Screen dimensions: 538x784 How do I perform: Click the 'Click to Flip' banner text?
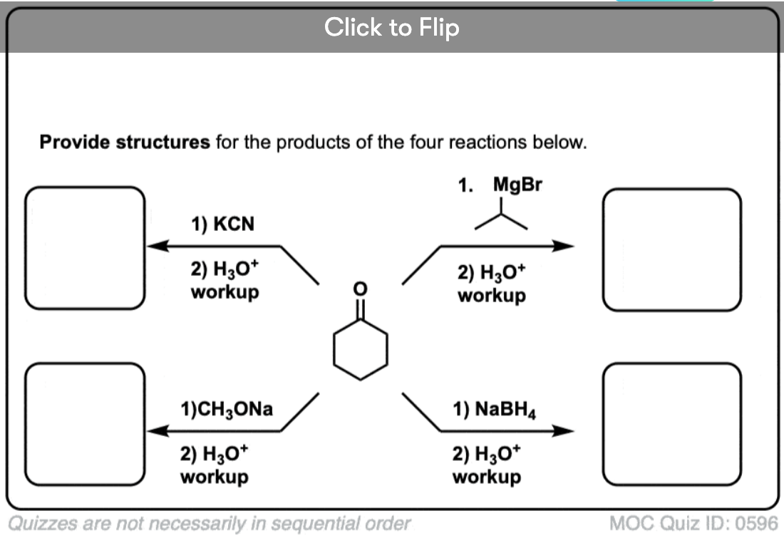(x=391, y=27)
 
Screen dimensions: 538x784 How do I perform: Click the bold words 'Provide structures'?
(x=125, y=142)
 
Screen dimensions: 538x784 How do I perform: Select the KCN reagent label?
(x=222, y=224)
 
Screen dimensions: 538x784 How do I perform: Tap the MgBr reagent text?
(x=517, y=185)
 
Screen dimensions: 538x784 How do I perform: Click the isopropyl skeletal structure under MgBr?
(x=501, y=217)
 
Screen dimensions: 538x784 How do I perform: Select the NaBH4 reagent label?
(x=495, y=409)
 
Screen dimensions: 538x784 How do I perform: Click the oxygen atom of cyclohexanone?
(x=361, y=288)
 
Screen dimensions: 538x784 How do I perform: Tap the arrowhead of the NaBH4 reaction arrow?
(x=564, y=430)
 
